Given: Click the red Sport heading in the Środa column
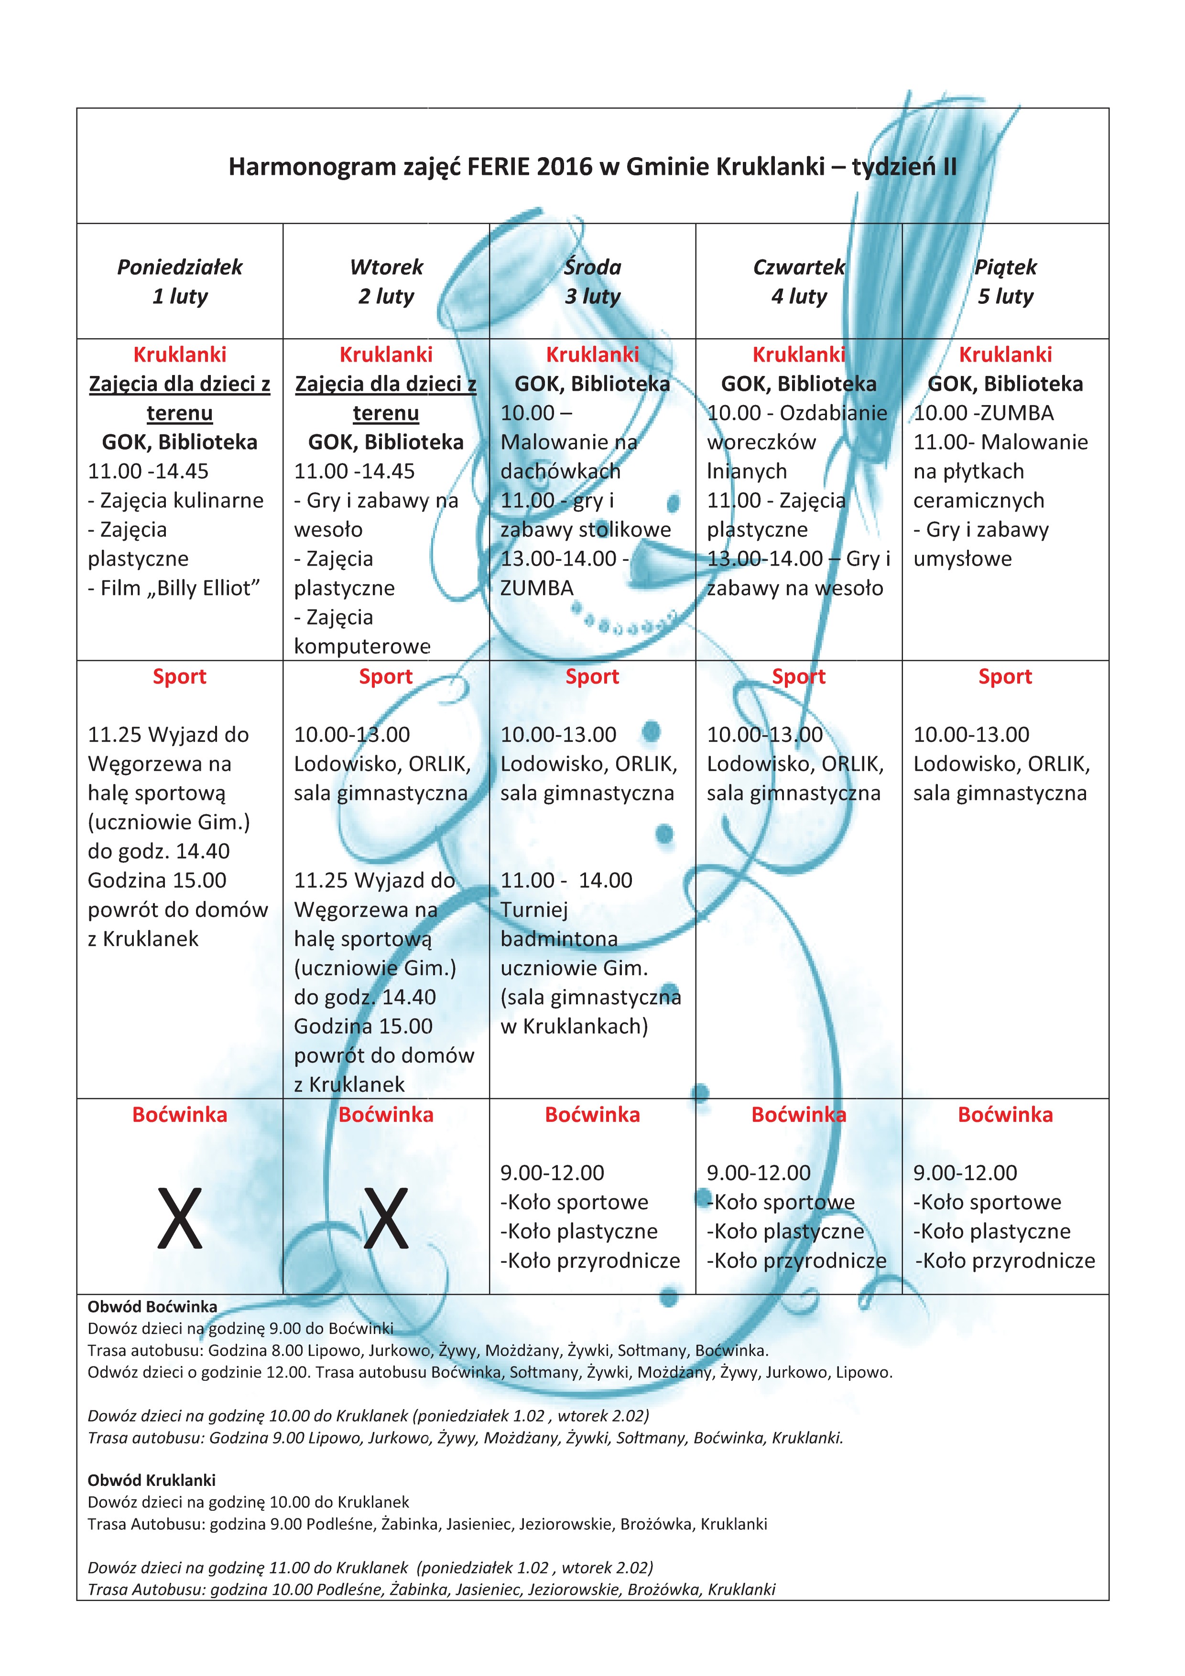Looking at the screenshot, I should (x=592, y=677).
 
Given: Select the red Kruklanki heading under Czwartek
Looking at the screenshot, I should (x=799, y=355).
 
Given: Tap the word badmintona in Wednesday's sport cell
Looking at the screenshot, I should (x=559, y=939).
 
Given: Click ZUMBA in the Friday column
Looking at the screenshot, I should (x=1017, y=413).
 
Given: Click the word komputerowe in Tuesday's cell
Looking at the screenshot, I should (x=362, y=647).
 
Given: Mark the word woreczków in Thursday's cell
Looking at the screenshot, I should (x=761, y=442).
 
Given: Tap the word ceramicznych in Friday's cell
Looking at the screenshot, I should (x=978, y=501).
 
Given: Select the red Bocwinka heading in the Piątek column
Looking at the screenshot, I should (x=1005, y=1115).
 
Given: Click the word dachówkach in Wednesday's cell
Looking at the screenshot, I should (x=560, y=472).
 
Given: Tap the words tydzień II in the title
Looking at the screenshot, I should (x=904, y=167).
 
